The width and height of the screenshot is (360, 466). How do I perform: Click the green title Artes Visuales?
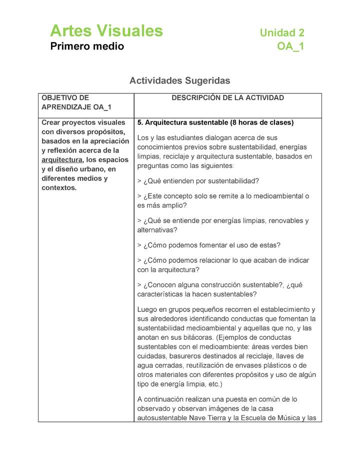(x=106, y=31)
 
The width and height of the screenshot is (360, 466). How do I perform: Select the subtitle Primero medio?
(x=86, y=46)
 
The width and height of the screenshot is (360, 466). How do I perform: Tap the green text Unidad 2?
(x=281, y=33)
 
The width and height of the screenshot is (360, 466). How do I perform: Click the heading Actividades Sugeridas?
(x=179, y=80)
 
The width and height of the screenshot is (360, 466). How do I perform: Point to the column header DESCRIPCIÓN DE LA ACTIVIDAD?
(x=227, y=98)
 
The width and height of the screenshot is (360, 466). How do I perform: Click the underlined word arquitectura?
(x=61, y=160)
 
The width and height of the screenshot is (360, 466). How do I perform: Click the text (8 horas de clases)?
(x=262, y=123)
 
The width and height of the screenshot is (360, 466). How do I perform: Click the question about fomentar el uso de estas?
(x=208, y=245)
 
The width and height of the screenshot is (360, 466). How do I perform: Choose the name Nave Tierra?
(x=207, y=418)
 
